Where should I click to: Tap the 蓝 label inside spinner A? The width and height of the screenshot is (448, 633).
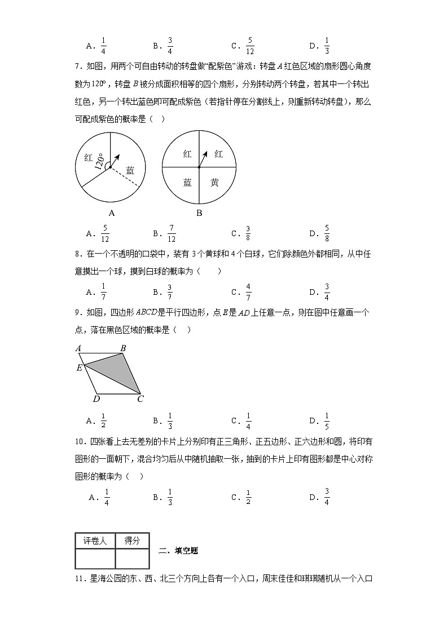pyautogui.click(x=130, y=170)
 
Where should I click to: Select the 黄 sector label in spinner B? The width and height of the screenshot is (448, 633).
pyautogui.click(x=214, y=182)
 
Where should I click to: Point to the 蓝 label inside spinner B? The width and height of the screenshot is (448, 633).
pyautogui.click(x=187, y=182)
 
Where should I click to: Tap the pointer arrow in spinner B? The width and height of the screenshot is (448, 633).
pyautogui.click(x=203, y=158)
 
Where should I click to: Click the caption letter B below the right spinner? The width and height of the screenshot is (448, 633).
pyautogui.click(x=199, y=213)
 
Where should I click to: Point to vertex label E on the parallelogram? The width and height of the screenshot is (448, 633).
pyautogui.click(x=79, y=368)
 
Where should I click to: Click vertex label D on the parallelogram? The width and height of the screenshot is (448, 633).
pyautogui.click(x=96, y=399)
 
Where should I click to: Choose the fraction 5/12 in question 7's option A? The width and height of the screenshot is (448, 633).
pyautogui.click(x=105, y=233)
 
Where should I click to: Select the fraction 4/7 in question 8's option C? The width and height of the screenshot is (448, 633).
pyautogui.click(x=248, y=291)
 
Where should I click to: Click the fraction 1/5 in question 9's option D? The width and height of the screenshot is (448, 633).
pyautogui.click(x=327, y=419)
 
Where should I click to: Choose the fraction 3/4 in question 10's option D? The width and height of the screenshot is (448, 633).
pyautogui.click(x=327, y=497)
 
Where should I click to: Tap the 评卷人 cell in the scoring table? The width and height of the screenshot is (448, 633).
pyautogui.click(x=95, y=541)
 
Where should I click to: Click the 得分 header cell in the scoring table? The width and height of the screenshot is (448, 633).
pyautogui.click(x=132, y=541)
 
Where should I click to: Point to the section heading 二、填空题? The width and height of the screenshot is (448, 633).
pyautogui.click(x=178, y=551)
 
